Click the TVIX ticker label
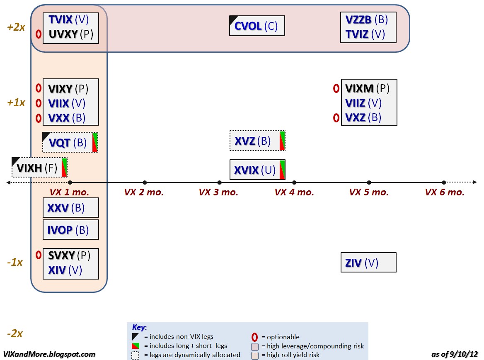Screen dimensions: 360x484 pos(60,19)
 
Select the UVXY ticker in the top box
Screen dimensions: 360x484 pos(63,34)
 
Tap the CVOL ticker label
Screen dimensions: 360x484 pos(248,27)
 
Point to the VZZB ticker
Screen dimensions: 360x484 pos(359,19)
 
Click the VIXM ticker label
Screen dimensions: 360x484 pos(359,88)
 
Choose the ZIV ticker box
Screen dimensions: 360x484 pos(368,263)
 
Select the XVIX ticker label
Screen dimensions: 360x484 pos(247,170)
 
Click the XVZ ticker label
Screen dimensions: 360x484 pos(245,141)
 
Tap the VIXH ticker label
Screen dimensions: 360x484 pos(29,168)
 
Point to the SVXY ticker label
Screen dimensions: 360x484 pos(61,255)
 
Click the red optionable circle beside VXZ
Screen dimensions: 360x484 pos(336,118)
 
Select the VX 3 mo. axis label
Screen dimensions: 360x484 pos(218,192)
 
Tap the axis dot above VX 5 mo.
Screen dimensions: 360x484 pos(369,182)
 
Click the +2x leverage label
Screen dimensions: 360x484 pos(16,27)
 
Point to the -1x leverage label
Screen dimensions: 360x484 pos(15,263)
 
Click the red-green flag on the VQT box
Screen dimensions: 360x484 pos(95,143)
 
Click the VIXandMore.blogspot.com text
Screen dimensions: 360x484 pos(49,355)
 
